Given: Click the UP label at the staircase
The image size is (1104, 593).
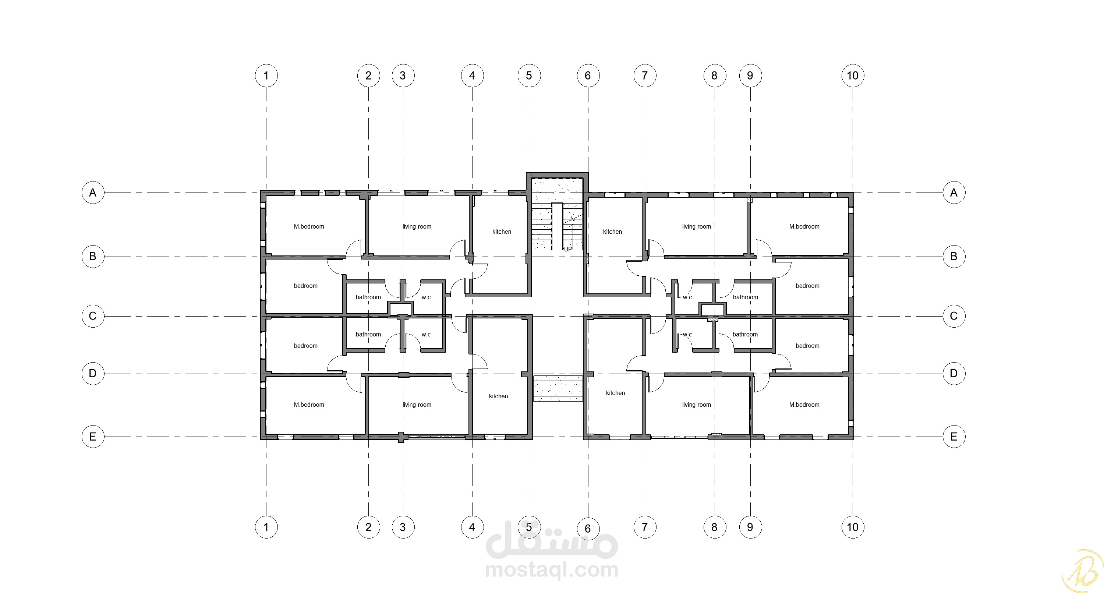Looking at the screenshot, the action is click(x=568, y=249).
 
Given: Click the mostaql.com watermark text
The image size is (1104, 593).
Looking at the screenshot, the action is click(x=552, y=570).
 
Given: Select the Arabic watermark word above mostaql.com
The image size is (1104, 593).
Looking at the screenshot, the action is click(x=552, y=539).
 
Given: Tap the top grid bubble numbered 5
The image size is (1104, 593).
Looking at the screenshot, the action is click(x=529, y=75).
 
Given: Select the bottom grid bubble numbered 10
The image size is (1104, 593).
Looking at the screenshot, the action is click(x=852, y=527).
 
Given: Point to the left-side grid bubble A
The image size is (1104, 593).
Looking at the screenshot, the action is click(x=93, y=193).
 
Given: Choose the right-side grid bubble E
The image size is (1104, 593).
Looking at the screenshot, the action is click(x=953, y=437).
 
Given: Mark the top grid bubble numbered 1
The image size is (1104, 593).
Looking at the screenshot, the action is click(x=266, y=75).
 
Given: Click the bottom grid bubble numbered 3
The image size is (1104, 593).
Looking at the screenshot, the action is click(x=403, y=527).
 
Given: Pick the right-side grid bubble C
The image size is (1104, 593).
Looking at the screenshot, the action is click(x=953, y=316).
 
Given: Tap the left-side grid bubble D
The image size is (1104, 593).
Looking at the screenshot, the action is click(x=93, y=373).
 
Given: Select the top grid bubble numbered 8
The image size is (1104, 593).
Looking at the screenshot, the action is click(x=714, y=75).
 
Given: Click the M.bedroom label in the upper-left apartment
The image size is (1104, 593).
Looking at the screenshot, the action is click(x=309, y=226).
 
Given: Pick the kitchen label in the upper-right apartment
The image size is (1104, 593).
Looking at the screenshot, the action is click(x=612, y=232).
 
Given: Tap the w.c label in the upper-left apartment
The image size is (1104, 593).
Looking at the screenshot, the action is click(x=426, y=297).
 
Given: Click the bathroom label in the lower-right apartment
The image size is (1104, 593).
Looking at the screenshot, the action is click(x=745, y=335).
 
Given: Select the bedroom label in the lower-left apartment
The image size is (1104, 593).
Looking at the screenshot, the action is click(x=305, y=346).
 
